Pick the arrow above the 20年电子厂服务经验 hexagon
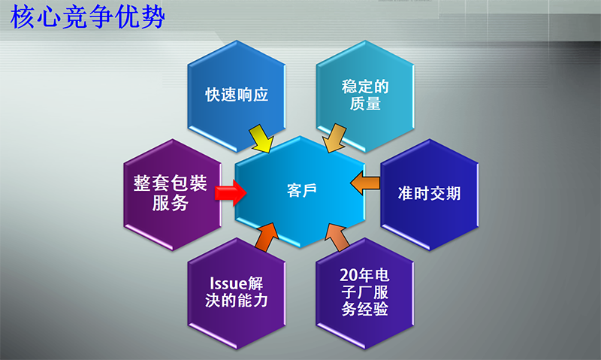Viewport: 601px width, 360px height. pos(337,237)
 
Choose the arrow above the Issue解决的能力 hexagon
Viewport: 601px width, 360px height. pos(265,237)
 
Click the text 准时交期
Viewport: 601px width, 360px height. pos(429,193)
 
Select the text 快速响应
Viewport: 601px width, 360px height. pos(237,95)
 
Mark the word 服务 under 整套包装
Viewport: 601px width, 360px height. pos(171,203)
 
